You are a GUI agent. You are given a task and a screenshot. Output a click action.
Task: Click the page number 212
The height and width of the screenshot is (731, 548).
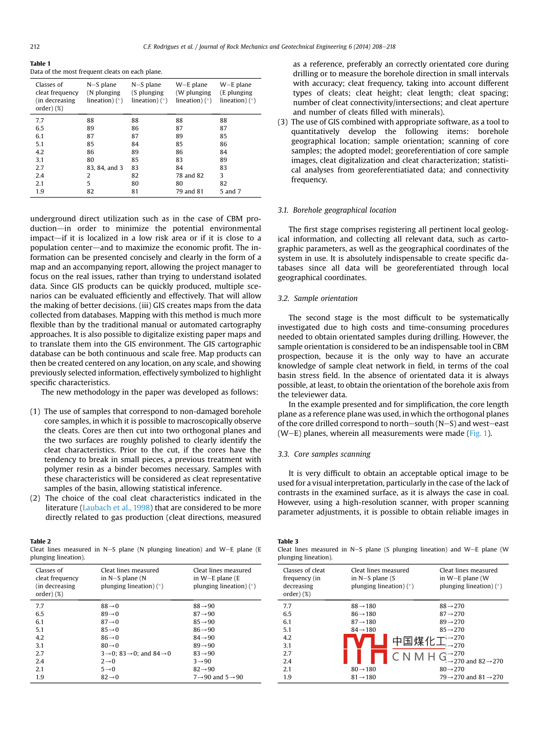tap(35, 47)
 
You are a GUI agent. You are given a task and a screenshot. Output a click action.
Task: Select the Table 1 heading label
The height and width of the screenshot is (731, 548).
tap(40, 63)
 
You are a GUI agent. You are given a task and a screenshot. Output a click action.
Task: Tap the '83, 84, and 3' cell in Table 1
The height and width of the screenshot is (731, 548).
tap(105, 168)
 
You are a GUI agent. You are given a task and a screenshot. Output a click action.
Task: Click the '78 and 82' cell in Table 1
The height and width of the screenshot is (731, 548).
tap(190, 175)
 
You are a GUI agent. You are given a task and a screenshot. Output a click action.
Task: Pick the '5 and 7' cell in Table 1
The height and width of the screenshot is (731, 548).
tap(230, 191)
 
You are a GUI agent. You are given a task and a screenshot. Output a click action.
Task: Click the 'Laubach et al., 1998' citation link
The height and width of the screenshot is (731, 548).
tap(116, 507)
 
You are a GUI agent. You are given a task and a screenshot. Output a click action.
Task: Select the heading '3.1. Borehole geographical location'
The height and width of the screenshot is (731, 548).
tap(337, 210)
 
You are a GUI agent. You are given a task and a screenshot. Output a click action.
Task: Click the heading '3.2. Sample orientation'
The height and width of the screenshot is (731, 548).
tap(317, 298)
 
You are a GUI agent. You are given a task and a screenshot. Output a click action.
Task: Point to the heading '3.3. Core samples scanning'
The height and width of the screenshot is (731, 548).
tap(324, 454)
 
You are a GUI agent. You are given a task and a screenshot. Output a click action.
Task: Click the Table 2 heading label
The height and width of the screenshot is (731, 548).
tap(40, 541)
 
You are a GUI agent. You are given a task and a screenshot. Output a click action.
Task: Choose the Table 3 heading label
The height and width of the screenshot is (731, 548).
tap(288, 541)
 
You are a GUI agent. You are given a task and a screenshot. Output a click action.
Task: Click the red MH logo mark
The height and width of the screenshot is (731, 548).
tap(365, 649)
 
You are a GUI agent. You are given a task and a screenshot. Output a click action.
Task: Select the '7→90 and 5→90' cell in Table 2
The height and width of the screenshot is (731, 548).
tap(218, 677)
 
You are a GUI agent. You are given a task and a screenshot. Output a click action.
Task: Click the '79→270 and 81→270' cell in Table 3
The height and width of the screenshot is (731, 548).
tap(471, 677)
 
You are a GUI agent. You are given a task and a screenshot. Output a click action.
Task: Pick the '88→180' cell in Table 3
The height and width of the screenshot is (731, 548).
tap(363, 606)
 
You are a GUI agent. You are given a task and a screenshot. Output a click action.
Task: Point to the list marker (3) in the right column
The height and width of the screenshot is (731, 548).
tap(283, 122)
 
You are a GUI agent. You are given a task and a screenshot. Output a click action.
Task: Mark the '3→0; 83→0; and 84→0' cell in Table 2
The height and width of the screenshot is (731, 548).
tap(136, 653)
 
